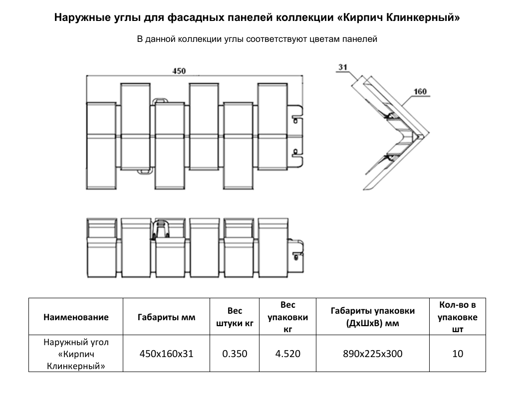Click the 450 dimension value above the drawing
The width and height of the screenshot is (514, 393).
(x=179, y=71)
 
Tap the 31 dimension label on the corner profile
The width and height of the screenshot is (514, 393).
(x=342, y=67)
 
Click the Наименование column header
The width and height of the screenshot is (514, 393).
(x=76, y=317)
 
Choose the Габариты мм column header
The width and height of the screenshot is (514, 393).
(x=166, y=317)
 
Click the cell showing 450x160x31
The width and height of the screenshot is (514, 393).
(x=166, y=354)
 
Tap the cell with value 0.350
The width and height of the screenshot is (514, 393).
(x=235, y=354)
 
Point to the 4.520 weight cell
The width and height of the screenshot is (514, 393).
(x=287, y=354)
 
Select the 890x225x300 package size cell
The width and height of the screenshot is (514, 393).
(x=372, y=354)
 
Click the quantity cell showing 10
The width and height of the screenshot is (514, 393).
(x=458, y=354)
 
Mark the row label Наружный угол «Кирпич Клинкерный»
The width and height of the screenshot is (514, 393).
(x=76, y=354)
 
